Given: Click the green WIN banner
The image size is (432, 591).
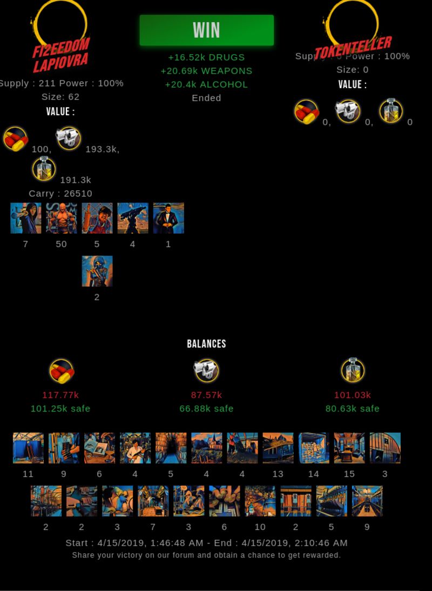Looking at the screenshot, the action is [x=206, y=30].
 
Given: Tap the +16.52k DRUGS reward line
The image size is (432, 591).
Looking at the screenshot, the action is [x=206, y=57].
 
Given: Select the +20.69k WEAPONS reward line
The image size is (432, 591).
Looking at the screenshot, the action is [x=206, y=71].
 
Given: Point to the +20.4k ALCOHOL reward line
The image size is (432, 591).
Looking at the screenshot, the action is [x=206, y=84].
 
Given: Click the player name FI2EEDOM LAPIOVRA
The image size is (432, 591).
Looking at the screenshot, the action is [x=60, y=55].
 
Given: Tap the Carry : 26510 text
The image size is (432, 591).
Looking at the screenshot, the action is [x=60, y=194].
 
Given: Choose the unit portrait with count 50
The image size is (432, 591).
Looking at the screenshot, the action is [x=62, y=218].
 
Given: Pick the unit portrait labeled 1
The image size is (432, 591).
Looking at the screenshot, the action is [x=168, y=218].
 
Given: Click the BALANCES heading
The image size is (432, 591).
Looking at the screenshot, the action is [x=206, y=344].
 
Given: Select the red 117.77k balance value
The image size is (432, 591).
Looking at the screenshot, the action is [x=60, y=395].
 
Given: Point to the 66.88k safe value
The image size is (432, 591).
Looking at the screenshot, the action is [x=206, y=409].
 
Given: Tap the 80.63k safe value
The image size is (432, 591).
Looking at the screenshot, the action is [x=352, y=409].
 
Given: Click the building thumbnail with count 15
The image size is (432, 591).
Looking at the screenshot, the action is [x=349, y=448].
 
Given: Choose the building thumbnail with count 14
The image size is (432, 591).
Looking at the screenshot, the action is [x=314, y=448].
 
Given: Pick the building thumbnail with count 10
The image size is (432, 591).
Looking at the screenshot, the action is [x=260, y=501].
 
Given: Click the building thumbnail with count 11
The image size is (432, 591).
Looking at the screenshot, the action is [x=28, y=448].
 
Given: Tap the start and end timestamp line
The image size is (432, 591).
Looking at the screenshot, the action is [x=206, y=543].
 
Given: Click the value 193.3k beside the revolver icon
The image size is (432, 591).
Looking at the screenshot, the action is [x=102, y=149].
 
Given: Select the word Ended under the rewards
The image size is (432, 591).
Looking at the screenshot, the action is [x=206, y=98].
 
